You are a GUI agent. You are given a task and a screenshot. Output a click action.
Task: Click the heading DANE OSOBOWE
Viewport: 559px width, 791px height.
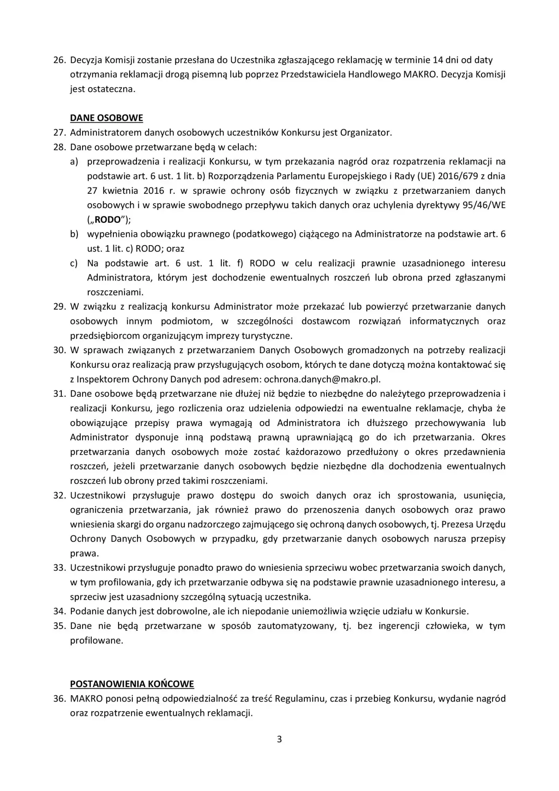[106, 118]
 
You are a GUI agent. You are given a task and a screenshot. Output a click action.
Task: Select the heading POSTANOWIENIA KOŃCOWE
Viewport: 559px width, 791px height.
[132, 684]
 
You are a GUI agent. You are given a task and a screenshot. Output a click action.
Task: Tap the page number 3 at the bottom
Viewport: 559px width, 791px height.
[279, 739]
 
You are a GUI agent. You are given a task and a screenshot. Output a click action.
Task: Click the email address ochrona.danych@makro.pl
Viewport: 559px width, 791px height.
[322, 379]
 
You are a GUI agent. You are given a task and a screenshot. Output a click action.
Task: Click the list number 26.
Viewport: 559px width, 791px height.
[59, 60]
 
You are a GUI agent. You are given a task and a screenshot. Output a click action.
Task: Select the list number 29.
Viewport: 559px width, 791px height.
[59, 307]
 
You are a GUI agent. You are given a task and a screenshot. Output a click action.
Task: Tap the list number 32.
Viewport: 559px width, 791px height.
[59, 495]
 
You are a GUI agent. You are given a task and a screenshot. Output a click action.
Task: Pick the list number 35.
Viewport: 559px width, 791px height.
[59, 626]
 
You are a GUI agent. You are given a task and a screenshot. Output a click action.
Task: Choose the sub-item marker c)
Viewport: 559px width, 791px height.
[74, 263]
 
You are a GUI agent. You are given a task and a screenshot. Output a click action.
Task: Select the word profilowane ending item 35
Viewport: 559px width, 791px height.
[96, 640]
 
